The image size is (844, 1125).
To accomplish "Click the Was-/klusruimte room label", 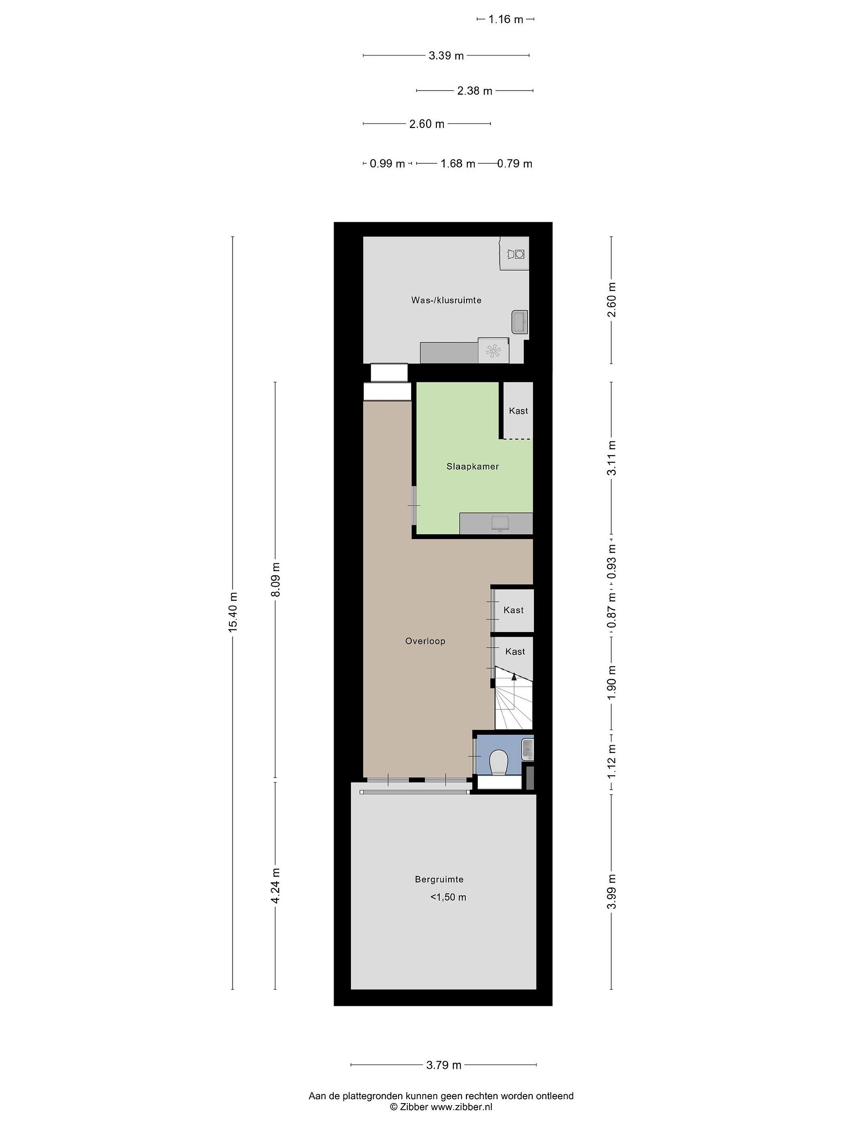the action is pos(446,300).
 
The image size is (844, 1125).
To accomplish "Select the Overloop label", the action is pos(425,641).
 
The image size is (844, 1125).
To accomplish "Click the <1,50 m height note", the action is pos(448,897).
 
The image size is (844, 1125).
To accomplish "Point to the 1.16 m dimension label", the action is pos(506,19).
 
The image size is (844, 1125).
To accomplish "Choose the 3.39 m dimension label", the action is pos(446,55).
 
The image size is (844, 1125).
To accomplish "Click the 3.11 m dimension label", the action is pos(612,458).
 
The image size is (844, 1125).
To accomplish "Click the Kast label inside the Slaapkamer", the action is pos(519,411).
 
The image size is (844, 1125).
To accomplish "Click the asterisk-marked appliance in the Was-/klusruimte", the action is pos(494,350).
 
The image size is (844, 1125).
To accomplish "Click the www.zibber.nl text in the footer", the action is pos(461,1107).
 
